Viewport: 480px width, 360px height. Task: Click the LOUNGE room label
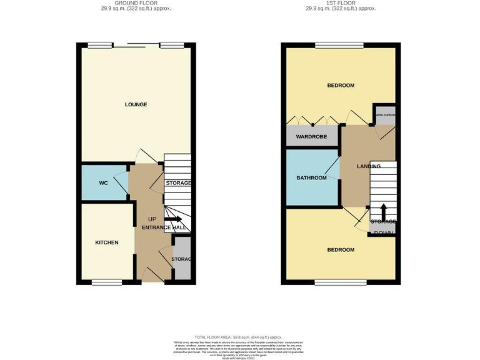tap(136, 104)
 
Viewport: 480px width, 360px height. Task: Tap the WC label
tap(104, 183)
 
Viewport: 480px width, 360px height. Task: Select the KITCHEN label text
tap(106, 242)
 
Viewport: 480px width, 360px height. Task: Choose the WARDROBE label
tap(311, 137)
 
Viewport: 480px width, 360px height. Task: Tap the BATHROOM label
tap(311, 178)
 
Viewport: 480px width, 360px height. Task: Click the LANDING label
tap(369, 166)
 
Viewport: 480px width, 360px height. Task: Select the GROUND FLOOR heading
tap(136, 3)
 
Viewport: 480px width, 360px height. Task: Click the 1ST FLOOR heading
tap(341, 3)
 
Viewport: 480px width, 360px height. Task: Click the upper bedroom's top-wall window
tap(339, 45)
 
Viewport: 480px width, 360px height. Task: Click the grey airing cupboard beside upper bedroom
tap(384, 116)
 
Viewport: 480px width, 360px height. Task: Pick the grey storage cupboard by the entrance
tap(181, 258)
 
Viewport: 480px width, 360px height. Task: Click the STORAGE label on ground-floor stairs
tap(177, 183)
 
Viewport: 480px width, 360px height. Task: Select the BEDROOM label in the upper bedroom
tap(341, 86)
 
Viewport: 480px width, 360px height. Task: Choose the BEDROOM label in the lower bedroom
tap(341, 250)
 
